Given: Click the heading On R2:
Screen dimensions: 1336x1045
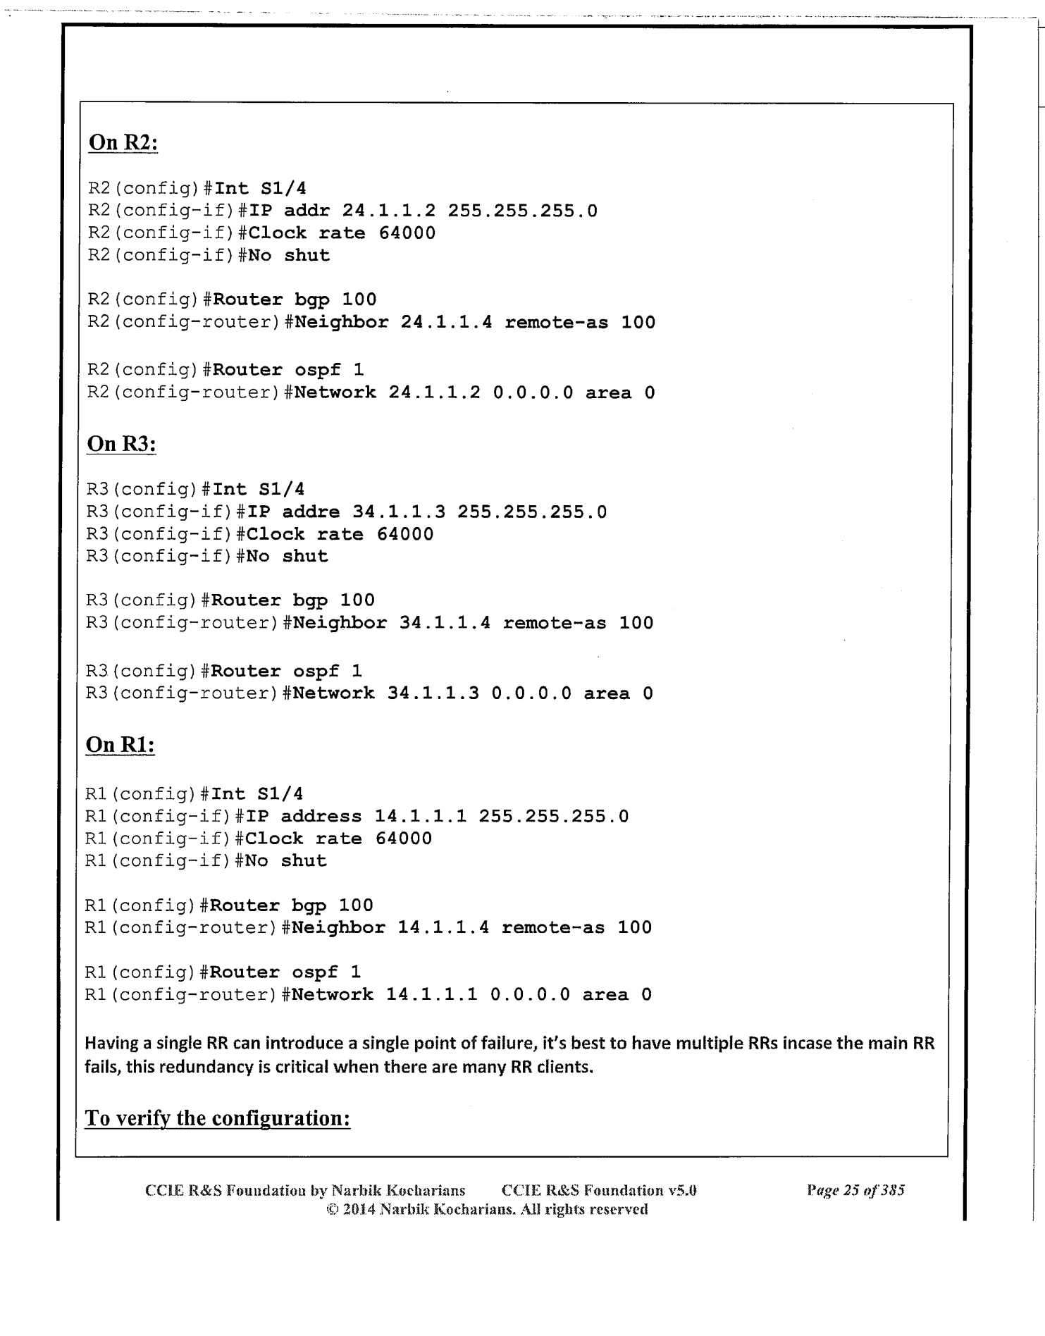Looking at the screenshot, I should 123,143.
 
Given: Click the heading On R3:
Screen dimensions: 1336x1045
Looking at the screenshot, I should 121,444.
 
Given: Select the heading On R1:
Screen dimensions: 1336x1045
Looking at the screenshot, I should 120,745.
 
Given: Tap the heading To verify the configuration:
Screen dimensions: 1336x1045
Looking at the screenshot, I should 218,1118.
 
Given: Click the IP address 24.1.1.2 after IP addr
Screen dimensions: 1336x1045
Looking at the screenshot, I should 389,211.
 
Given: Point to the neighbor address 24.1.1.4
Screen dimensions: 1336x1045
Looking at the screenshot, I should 447,323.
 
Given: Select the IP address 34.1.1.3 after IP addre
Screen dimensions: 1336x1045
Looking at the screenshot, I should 398,512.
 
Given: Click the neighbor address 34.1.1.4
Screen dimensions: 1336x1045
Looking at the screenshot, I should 445,623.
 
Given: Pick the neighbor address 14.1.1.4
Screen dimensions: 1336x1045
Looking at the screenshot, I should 443,927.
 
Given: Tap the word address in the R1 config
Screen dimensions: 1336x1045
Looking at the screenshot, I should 321,816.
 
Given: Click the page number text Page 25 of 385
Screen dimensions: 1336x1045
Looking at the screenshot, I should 855,1191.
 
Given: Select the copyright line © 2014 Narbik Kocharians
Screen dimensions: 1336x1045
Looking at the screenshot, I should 483,1210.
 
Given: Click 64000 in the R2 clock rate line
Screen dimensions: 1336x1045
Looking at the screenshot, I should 407,233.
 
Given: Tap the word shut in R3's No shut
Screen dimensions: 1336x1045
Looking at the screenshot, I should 305,556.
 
